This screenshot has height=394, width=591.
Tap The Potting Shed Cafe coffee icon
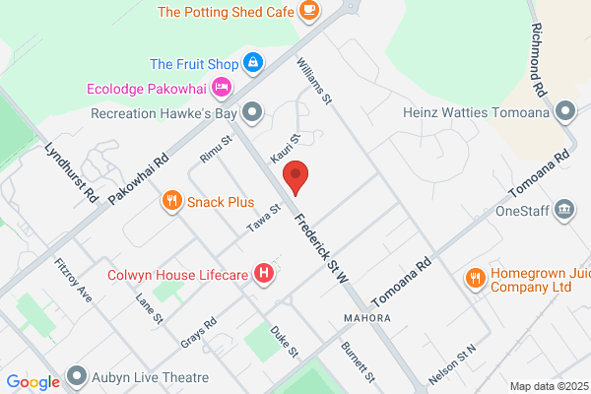tap(309, 12)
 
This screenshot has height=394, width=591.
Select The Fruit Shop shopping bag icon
tap(254, 63)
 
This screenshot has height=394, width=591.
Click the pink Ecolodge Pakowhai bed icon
tap(223, 88)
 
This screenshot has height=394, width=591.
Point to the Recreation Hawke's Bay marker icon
tap(254, 111)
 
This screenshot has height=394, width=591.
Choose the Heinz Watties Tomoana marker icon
tap(565, 111)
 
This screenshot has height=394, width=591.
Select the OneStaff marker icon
tap(565, 209)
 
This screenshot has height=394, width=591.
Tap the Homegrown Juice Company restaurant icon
tap(475, 277)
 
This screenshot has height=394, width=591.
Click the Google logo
tap(33, 382)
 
